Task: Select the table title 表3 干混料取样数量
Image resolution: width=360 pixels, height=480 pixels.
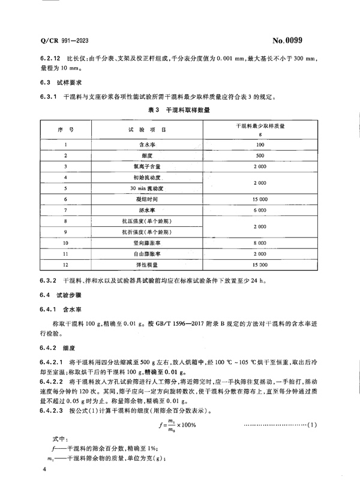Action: coord(179,110)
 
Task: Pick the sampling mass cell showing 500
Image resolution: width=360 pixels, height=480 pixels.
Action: coord(260,156)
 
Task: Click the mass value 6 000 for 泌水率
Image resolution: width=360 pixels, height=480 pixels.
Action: coord(260,210)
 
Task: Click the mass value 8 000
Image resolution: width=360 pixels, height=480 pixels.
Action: coord(260,242)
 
